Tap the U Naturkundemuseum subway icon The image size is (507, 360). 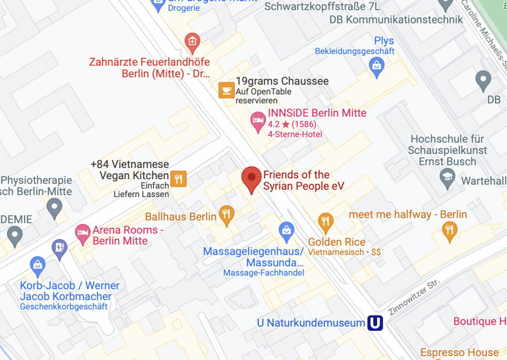375,323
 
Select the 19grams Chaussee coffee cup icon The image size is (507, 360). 226,90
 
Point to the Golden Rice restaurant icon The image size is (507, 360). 325,221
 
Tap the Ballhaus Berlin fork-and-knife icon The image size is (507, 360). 226,214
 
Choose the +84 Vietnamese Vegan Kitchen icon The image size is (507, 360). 178,179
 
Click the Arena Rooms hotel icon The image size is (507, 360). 82,233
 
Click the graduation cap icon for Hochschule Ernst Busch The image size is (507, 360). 448,177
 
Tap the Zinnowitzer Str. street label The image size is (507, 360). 407,296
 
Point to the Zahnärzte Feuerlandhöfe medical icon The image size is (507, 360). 192,42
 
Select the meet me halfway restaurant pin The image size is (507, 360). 450,230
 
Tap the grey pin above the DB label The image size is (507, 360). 483,79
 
